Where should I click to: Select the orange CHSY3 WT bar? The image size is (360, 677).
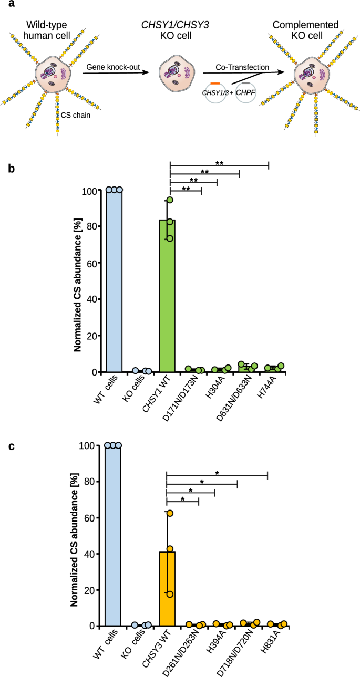[167, 589]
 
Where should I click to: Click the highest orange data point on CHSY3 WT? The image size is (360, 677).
[170, 513]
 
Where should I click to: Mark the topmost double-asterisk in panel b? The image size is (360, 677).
[220, 163]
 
